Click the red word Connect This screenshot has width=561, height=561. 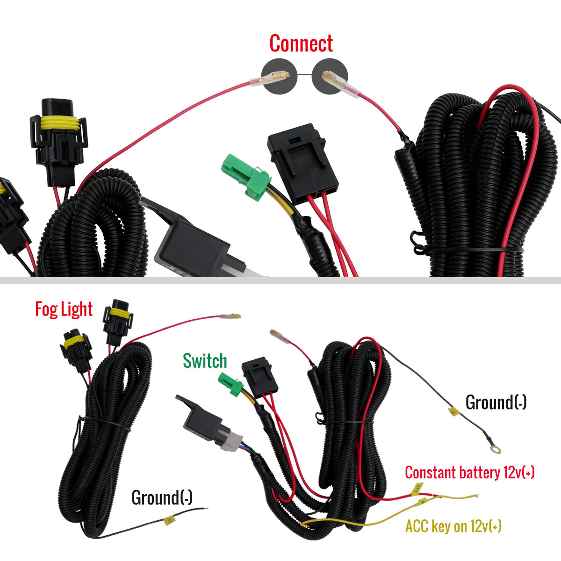click(301, 43)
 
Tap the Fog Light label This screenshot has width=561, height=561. click(64, 309)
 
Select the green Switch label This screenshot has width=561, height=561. click(205, 361)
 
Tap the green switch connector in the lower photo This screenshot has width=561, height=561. click(231, 384)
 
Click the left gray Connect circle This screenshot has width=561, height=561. click(279, 76)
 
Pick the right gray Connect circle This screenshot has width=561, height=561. click(330, 76)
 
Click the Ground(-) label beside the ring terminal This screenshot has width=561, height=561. click(496, 403)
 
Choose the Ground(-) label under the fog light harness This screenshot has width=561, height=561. click(162, 497)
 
